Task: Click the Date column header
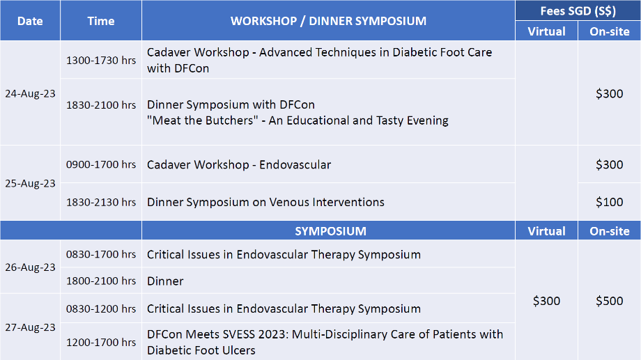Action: (30, 22)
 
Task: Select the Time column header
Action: (100, 22)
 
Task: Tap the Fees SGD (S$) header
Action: (578, 11)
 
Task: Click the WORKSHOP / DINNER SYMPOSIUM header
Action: (328, 22)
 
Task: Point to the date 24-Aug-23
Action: (30, 93)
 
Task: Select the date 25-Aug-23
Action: (30, 183)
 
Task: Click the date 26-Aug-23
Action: (30, 267)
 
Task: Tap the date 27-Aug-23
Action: (30, 327)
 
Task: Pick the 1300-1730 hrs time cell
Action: (101, 61)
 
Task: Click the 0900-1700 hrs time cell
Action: (101, 164)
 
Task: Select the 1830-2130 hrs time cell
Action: (101, 202)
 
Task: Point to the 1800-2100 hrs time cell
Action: (101, 281)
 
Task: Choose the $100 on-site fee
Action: (609, 202)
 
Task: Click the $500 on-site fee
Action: (609, 301)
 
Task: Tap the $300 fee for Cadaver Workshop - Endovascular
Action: (609, 164)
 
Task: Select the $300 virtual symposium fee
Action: (546, 301)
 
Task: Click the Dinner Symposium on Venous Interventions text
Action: (265, 202)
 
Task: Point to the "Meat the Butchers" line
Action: (298, 120)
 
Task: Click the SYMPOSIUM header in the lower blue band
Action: (330, 231)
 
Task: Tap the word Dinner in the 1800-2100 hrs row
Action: (165, 281)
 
